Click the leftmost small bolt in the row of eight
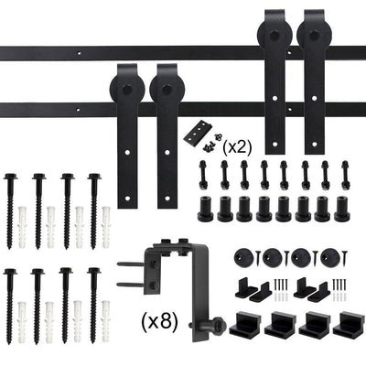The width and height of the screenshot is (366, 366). (x=202, y=171)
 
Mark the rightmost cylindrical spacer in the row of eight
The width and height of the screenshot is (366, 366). (x=341, y=208)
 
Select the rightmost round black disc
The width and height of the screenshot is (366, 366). (x=329, y=257)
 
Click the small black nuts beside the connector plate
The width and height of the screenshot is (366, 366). (x=214, y=140)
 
